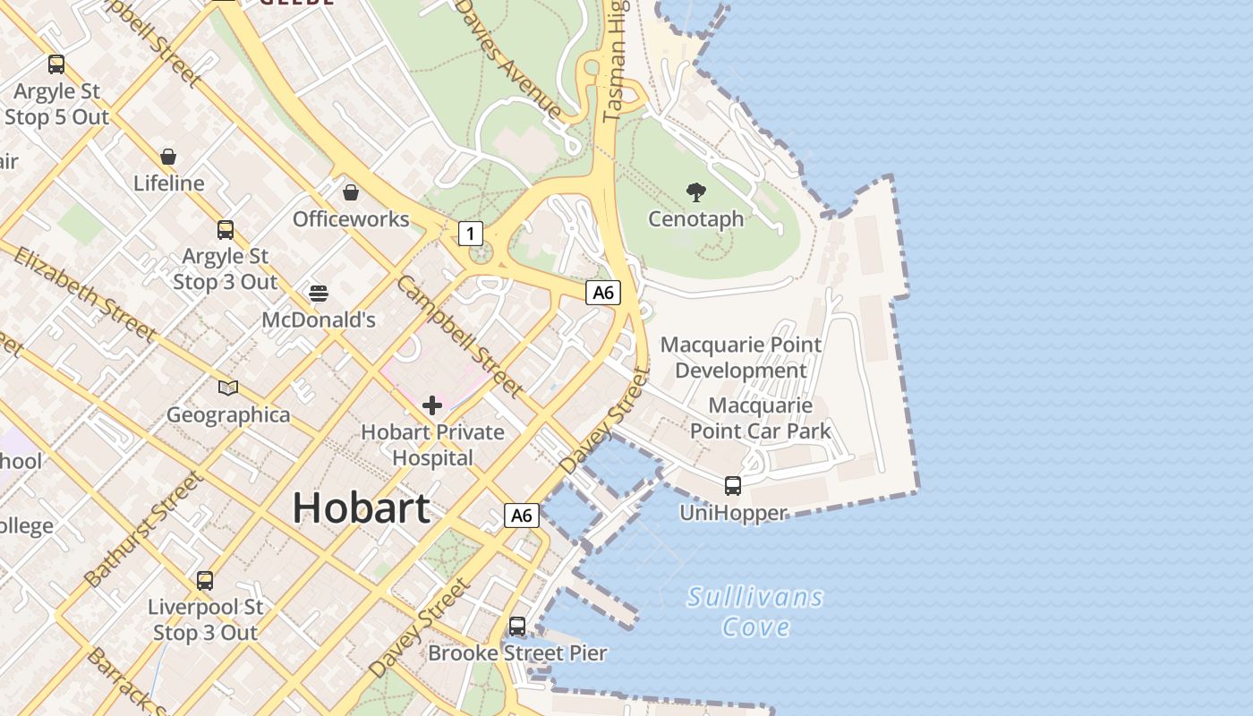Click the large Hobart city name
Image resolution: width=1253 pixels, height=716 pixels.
(x=361, y=508)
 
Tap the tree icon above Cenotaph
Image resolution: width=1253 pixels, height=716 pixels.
(x=695, y=192)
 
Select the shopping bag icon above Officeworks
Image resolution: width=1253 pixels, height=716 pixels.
(x=351, y=192)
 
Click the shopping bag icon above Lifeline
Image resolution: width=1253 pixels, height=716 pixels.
(x=168, y=157)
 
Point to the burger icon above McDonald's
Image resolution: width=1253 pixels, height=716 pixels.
(x=319, y=293)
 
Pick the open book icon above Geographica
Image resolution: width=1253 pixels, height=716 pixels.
(x=228, y=388)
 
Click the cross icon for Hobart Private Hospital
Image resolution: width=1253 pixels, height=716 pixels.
(x=432, y=405)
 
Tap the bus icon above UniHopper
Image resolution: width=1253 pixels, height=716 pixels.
(x=732, y=486)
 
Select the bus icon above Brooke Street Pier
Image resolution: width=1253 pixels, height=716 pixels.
(x=517, y=626)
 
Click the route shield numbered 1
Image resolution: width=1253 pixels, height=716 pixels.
(x=471, y=234)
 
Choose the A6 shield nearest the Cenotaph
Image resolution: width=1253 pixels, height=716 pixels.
(x=603, y=292)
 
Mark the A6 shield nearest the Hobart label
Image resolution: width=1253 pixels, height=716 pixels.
(x=522, y=516)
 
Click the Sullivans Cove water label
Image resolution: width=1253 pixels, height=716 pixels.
(x=755, y=611)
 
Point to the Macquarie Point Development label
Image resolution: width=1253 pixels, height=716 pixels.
(x=741, y=357)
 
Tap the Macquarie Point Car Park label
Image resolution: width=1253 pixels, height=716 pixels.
(x=761, y=418)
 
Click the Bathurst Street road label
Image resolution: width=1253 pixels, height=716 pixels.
(x=143, y=530)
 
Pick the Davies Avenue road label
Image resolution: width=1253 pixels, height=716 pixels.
(x=507, y=58)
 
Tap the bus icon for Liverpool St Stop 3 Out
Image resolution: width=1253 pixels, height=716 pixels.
(x=205, y=581)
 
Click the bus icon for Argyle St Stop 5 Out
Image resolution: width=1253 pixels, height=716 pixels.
(x=56, y=64)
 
